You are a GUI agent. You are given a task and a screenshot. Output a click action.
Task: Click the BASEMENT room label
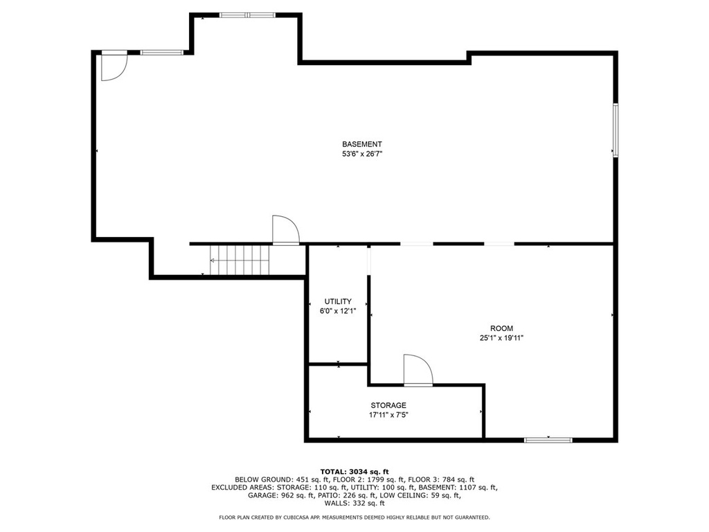pyautogui.click(x=361, y=144)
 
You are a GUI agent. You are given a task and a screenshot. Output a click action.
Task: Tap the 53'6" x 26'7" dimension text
pyautogui.click(x=361, y=154)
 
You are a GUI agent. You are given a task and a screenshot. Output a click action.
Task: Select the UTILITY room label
pyautogui.click(x=338, y=301)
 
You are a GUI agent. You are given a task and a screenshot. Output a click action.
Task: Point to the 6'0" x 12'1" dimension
pyautogui.click(x=338, y=311)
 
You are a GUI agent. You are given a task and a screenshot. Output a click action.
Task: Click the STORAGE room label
pyautogui.click(x=388, y=405)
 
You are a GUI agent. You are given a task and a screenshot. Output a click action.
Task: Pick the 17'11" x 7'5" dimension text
pyautogui.click(x=388, y=415)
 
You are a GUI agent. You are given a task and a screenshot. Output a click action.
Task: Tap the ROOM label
pyautogui.click(x=501, y=328)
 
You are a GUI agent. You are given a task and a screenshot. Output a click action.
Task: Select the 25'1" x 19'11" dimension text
pyautogui.click(x=501, y=338)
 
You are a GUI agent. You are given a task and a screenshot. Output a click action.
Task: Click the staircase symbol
pyautogui.click(x=240, y=260)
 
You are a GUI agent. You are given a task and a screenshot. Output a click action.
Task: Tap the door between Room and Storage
pyautogui.click(x=418, y=370)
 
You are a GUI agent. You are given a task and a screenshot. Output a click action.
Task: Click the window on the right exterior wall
pyautogui.click(x=616, y=130)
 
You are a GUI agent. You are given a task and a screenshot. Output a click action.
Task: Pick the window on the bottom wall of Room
pyautogui.click(x=548, y=440)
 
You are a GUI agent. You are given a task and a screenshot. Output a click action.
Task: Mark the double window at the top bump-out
pyautogui.click(x=247, y=15)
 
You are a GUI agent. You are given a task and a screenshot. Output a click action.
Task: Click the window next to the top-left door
pyautogui.click(x=162, y=53)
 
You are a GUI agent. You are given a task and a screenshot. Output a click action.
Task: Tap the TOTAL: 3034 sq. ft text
pyautogui.click(x=354, y=472)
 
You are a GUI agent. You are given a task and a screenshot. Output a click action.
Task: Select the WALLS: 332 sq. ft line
pyautogui.click(x=354, y=503)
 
